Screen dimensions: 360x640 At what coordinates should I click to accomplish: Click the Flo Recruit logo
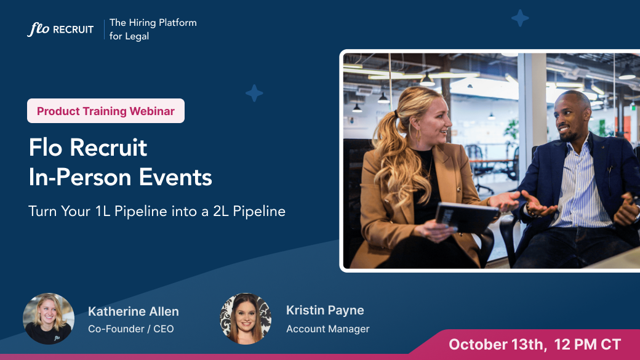pyautogui.click(x=60, y=29)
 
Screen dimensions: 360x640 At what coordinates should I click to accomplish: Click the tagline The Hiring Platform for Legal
pyautogui.click(x=153, y=29)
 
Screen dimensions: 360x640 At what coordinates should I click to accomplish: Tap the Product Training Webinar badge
pyautogui.click(x=106, y=111)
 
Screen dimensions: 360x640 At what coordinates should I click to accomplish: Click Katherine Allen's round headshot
pyautogui.click(x=49, y=318)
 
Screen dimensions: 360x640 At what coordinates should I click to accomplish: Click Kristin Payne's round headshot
pyautogui.click(x=246, y=318)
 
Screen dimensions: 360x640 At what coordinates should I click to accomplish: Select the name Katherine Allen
pyautogui.click(x=133, y=311)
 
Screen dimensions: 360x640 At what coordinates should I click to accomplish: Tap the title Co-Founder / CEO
pyautogui.click(x=130, y=329)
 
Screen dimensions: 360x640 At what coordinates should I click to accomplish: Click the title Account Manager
pyautogui.click(x=327, y=329)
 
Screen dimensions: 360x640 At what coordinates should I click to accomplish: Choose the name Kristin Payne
pyautogui.click(x=325, y=310)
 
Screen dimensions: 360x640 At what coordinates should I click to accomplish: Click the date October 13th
pyautogui.click(x=497, y=344)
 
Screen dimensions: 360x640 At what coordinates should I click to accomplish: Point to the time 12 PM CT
pyautogui.click(x=587, y=344)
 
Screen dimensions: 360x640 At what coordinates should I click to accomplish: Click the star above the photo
pyautogui.click(x=520, y=18)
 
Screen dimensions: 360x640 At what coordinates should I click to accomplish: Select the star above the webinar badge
pyautogui.click(x=254, y=94)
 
